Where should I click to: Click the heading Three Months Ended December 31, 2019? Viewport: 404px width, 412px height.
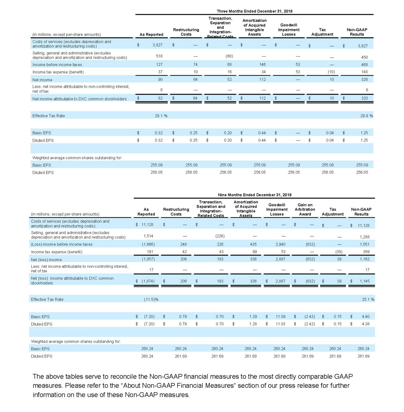click(x=254, y=11)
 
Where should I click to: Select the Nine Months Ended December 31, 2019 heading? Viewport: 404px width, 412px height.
click(x=254, y=195)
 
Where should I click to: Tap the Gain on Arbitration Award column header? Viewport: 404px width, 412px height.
click(x=305, y=210)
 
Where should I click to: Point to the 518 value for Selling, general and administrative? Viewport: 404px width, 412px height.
click(x=159, y=56)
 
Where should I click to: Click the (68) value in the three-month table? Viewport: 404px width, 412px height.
click(x=229, y=56)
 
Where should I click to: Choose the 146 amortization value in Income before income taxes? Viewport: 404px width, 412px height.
click(x=262, y=65)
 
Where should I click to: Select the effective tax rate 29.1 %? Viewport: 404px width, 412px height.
click(x=161, y=116)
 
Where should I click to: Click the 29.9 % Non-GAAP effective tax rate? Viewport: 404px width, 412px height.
click(x=366, y=116)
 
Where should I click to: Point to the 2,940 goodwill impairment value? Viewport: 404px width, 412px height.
click(x=280, y=244)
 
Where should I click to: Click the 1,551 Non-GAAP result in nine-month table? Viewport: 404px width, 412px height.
click(x=364, y=244)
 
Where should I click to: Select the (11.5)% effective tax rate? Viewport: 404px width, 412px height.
click(x=151, y=299)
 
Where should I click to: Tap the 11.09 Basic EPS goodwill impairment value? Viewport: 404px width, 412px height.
click(x=280, y=317)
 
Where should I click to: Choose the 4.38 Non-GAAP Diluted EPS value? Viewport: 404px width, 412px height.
click(x=365, y=324)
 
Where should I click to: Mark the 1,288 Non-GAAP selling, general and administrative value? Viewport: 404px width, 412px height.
click(x=364, y=237)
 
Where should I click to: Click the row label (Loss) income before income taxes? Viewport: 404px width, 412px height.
click(x=61, y=244)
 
